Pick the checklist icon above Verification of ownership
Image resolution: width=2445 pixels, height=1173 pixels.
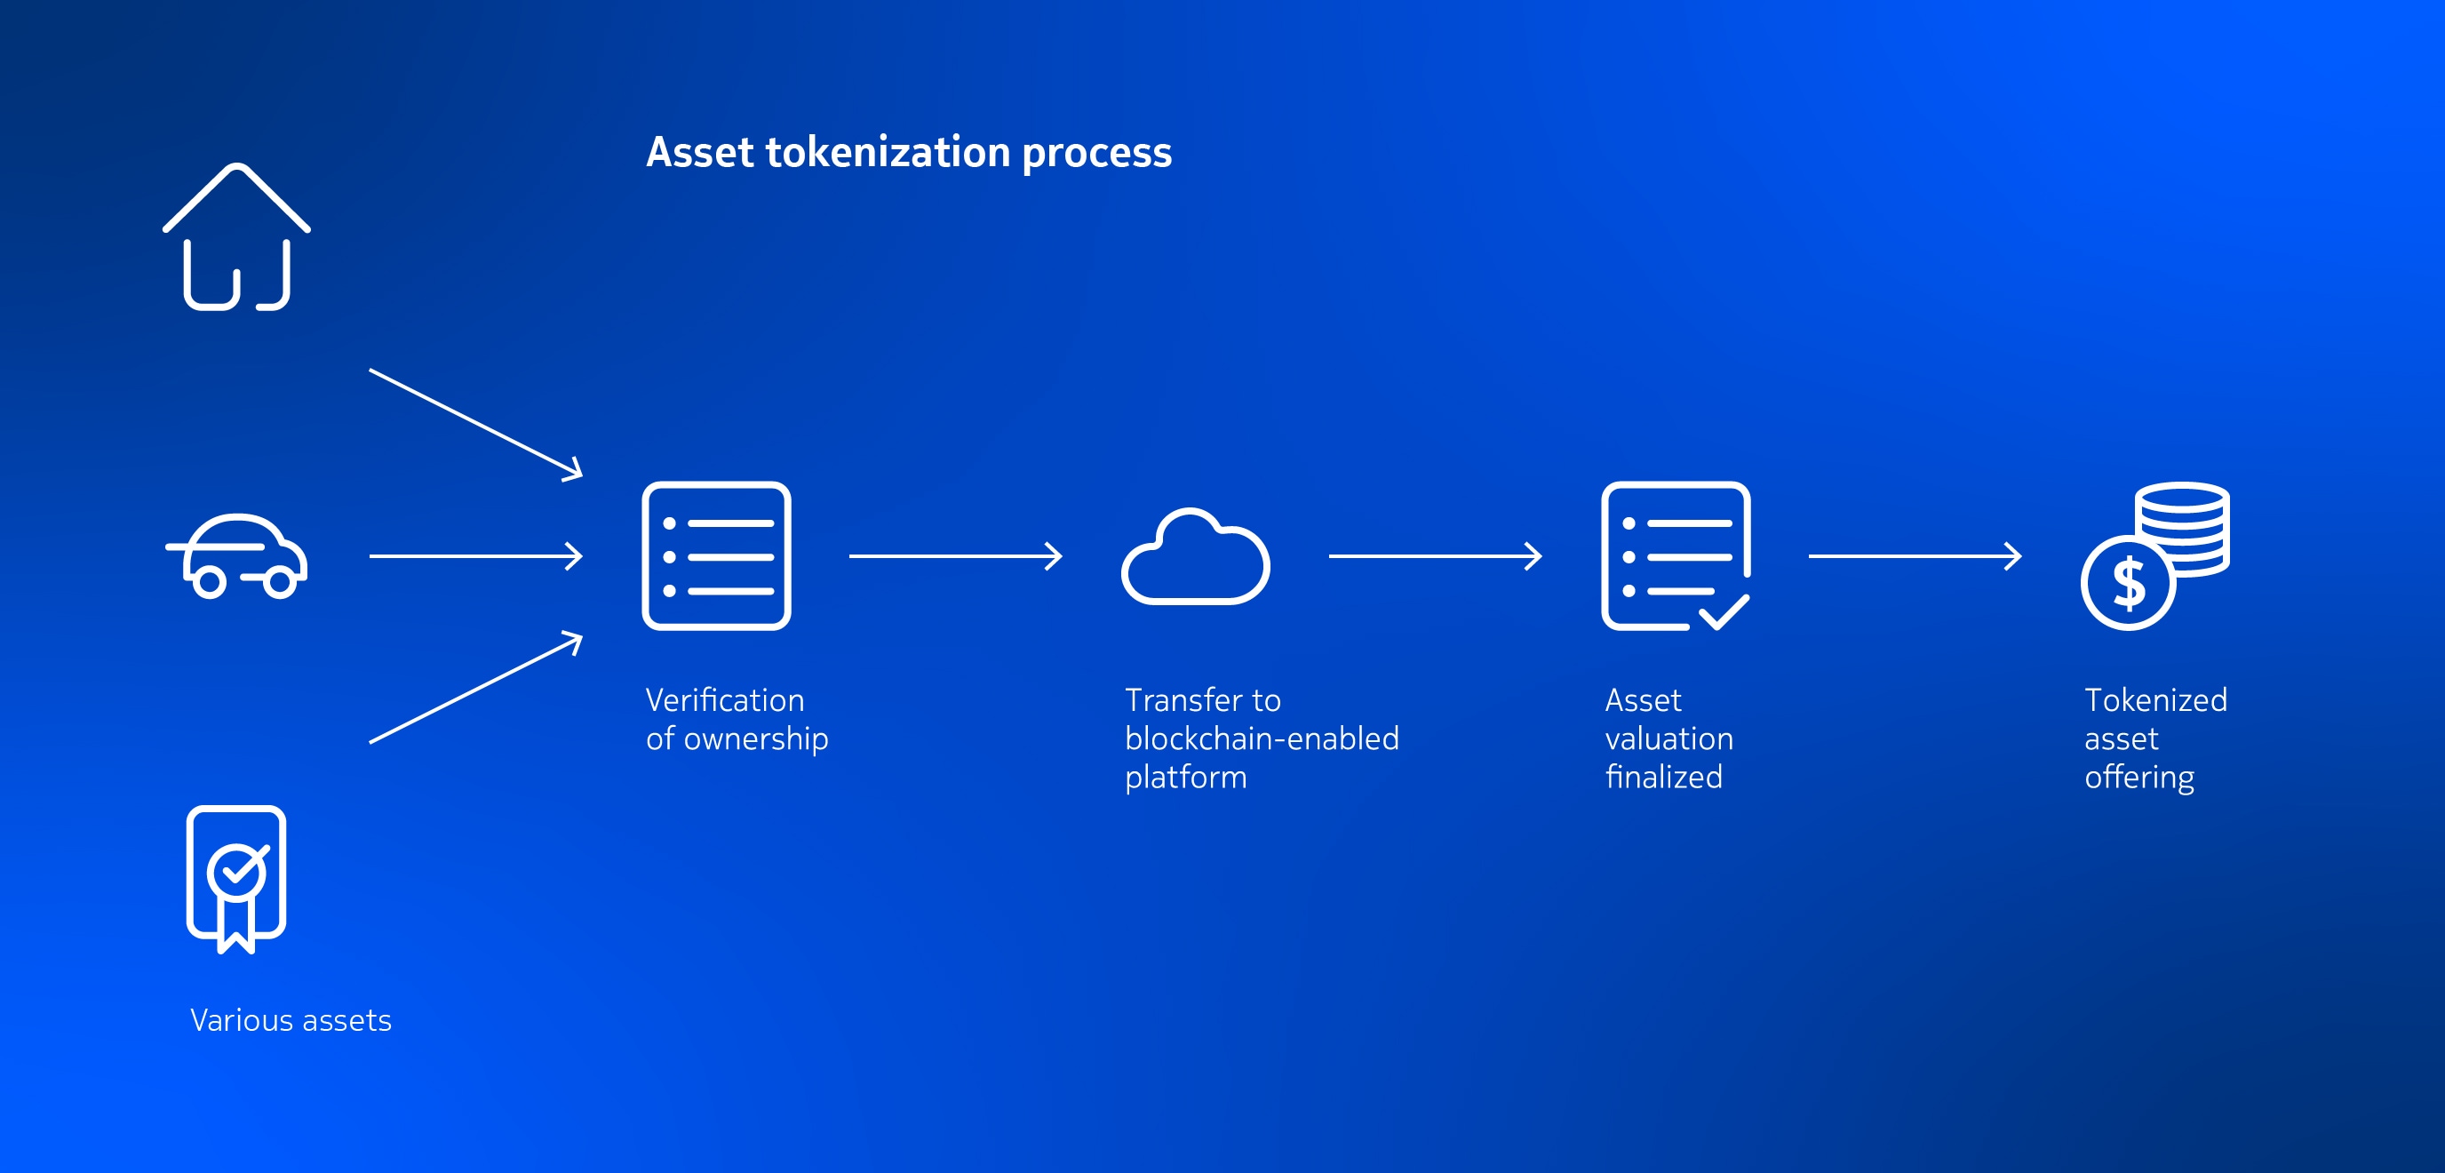pyautogui.click(x=717, y=556)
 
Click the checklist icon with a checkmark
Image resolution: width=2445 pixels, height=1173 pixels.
pyautogui.click(x=1676, y=556)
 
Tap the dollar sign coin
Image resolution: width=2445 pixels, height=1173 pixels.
pyautogui.click(x=2128, y=583)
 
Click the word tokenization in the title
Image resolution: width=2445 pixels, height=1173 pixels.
pyautogui.click(x=888, y=152)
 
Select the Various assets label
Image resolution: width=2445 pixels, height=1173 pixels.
pyautogui.click(x=291, y=1020)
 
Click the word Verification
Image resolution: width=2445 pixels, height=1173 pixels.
pyautogui.click(x=725, y=700)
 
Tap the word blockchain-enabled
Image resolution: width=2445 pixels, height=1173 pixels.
pyautogui.click(x=1262, y=738)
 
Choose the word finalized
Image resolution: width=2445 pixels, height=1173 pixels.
pyautogui.click(x=1664, y=778)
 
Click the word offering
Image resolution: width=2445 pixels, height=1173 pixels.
pyautogui.click(x=2139, y=778)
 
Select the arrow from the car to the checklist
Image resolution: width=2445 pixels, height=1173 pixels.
pyautogui.click(x=475, y=556)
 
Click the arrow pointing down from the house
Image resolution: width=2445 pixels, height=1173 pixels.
pyautogui.click(x=475, y=424)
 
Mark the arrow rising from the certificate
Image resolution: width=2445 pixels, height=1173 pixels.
pyautogui.click(x=475, y=687)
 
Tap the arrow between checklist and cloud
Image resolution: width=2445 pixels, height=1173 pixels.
pyautogui.click(x=956, y=556)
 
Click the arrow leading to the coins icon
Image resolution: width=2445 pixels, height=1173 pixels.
pyautogui.click(x=1915, y=556)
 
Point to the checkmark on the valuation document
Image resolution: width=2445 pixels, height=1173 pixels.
pyautogui.click(x=1724, y=613)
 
